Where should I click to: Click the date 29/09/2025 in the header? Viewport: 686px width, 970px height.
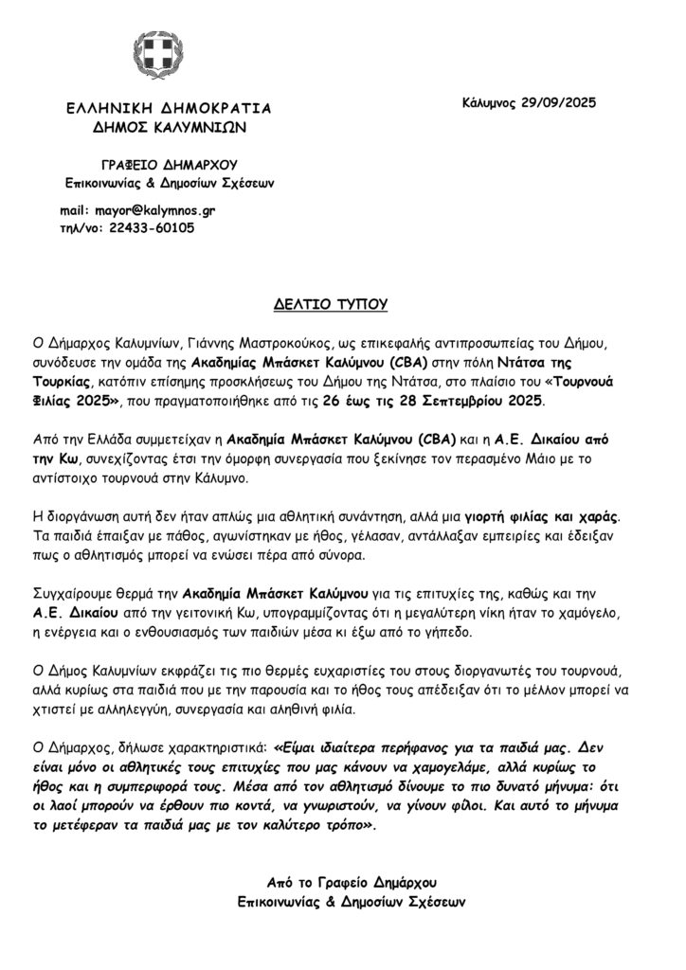pyautogui.click(x=560, y=101)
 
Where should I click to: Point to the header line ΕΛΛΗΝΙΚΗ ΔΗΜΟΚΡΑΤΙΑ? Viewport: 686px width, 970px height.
pyautogui.click(x=162, y=108)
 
